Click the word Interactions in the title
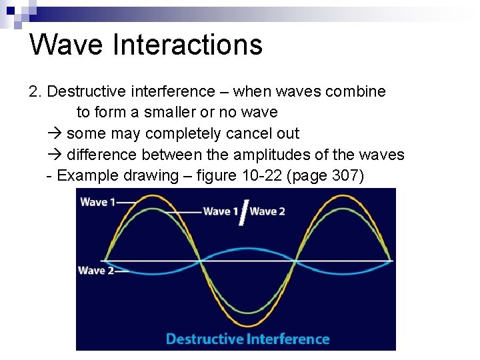pyautogui.click(x=188, y=45)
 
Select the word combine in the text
pyautogui.click(x=356, y=91)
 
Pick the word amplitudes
pyautogui.click(x=289, y=155)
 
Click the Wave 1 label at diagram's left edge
pyautogui.click(x=97, y=202)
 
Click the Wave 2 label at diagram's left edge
pyautogui.click(x=95, y=270)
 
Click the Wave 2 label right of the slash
pyautogui.click(x=267, y=211)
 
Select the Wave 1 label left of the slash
pyautogui.click(x=221, y=211)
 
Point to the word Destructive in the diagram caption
pyautogui.click(x=205, y=339)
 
